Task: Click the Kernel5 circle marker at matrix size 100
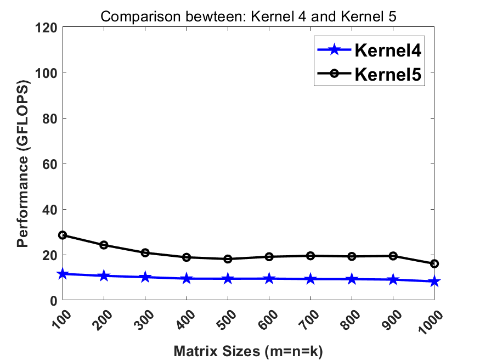click(63, 235)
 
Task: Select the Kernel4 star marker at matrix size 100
click(63, 274)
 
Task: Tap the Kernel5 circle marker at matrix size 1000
click(434, 264)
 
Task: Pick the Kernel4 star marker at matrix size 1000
click(434, 282)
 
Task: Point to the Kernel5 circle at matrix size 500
click(228, 259)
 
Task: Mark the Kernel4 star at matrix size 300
click(145, 277)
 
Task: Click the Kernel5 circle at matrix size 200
click(104, 245)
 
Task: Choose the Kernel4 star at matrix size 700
click(310, 279)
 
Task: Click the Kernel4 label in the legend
click(388, 50)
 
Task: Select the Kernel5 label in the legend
click(388, 74)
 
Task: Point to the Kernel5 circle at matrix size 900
click(393, 256)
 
